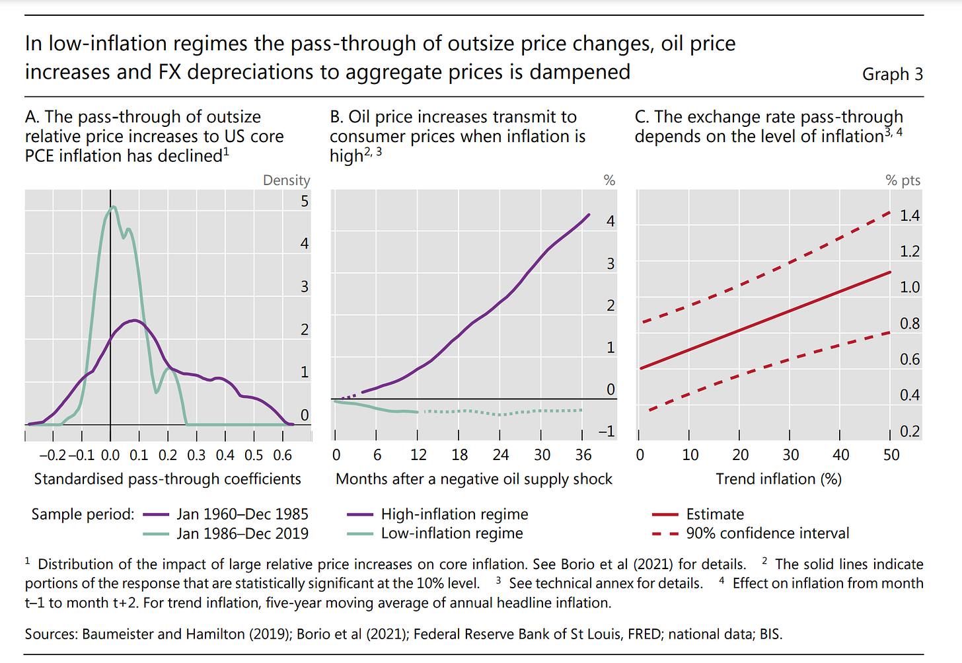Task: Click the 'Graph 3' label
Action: click(x=892, y=74)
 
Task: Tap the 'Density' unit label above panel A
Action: click(x=286, y=180)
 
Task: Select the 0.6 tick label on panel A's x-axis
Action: click(x=283, y=455)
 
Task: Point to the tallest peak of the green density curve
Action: click(x=113, y=207)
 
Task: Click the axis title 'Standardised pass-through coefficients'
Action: click(x=167, y=479)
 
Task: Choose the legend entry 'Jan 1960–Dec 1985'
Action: click(x=242, y=514)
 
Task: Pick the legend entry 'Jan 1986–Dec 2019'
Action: click(x=242, y=533)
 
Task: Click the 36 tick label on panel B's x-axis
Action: click(x=583, y=455)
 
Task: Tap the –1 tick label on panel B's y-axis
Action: click(x=606, y=431)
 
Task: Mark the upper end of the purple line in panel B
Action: click(x=589, y=214)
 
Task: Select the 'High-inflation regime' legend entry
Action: click(x=454, y=514)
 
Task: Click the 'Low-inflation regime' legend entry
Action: click(x=451, y=533)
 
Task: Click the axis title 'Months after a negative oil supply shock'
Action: click(x=474, y=479)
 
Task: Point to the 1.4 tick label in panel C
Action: click(x=909, y=215)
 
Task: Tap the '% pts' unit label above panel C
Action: click(x=903, y=180)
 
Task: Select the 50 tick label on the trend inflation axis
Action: click(x=891, y=455)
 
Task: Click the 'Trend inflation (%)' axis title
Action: click(x=778, y=479)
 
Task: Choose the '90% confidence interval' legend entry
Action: click(x=767, y=533)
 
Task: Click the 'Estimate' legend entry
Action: click(x=714, y=514)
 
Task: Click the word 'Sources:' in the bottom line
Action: click(x=52, y=634)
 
